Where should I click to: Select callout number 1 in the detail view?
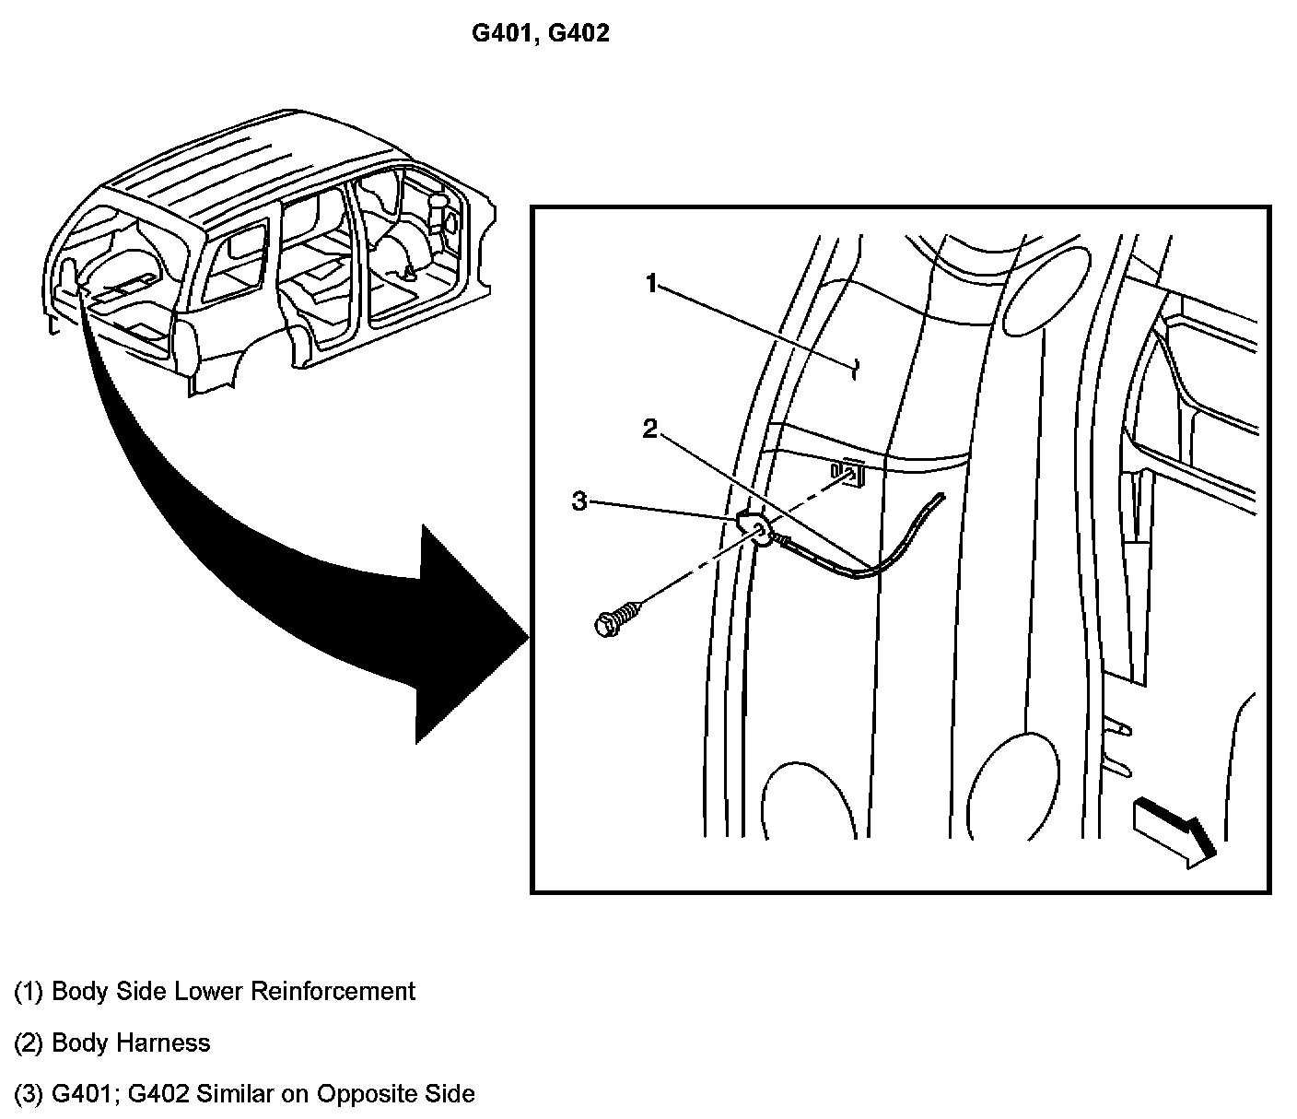pyautogui.click(x=651, y=284)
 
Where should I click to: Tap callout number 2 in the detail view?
pyautogui.click(x=651, y=429)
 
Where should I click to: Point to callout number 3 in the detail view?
pyautogui.click(x=579, y=501)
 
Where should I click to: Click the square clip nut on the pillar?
pyautogui.click(x=848, y=472)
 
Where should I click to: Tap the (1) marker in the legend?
pyautogui.click(x=29, y=992)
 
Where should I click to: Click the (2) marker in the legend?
pyautogui.click(x=29, y=1043)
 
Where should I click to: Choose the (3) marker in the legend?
pyautogui.click(x=29, y=1094)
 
